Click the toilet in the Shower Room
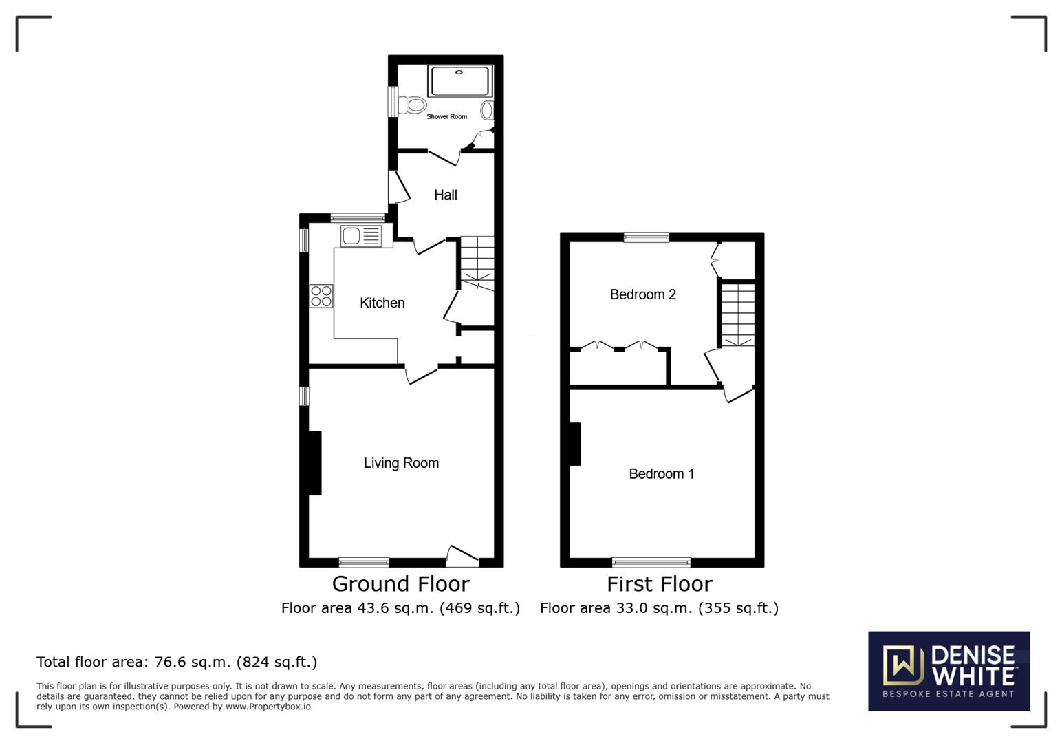412,105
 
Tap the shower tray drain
459,72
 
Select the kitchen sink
361,236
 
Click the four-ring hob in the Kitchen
321,296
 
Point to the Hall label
446,195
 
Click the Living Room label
401,463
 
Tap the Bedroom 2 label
643,294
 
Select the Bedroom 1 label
662,474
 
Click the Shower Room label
446,117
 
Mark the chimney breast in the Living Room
315,463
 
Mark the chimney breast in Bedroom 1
574,444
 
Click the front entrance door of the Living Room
463,557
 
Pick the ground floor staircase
477,263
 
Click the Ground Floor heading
400,584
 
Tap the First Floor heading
660,584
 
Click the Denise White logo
949,671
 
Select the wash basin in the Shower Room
487,111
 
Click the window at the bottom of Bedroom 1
651,562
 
